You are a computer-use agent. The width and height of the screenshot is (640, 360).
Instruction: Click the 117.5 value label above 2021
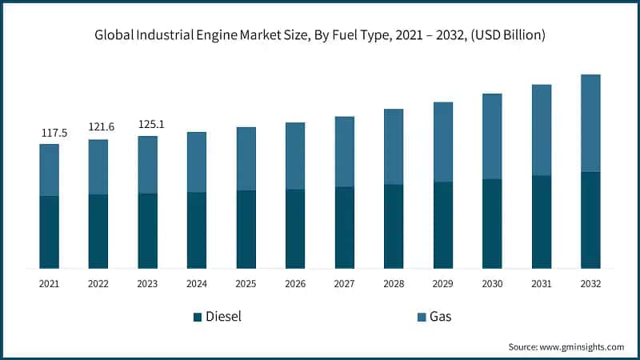pyautogui.click(x=49, y=132)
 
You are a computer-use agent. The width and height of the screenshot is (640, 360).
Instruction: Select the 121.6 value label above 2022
pyautogui.click(x=98, y=127)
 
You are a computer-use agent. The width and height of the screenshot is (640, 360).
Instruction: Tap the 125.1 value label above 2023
pyautogui.click(x=147, y=124)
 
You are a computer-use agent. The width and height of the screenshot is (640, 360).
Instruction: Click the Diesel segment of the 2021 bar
pyautogui.click(x=49, y=232)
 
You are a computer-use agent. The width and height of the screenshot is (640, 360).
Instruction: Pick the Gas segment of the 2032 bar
pyautogui.click(x=590, y=123)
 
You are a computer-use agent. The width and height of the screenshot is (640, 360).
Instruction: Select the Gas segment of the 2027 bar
pyautogui.click(x=344, y=152)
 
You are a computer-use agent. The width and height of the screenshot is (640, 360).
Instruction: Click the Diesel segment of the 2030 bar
pyautogui.click(x=492, y=223)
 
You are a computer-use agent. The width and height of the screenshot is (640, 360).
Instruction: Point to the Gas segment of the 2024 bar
pyautogui.click(x=197, y=162)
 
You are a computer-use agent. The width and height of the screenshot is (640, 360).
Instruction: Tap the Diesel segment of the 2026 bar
pyautogui.click(x=295, y=229)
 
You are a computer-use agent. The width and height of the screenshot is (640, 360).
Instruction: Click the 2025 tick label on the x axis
pyautogui.click(x=246, y=283)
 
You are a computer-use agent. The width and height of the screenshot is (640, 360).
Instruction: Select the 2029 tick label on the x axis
pyautogui.click(x=443, y=283)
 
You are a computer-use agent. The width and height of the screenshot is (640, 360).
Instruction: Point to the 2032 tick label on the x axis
pyautogui.click(x=590, y=283)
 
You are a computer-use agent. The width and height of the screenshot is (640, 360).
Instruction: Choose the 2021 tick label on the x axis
pyautogui.click(x=49, y=283)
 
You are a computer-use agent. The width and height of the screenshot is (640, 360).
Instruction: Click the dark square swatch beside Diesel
pyautogui.click(x=197, y=318)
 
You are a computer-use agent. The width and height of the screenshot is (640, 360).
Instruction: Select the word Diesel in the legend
pyautogui.click(x=223, y=317)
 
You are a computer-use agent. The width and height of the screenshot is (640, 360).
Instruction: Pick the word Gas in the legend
pyautogui.click(x=440, y=317)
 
